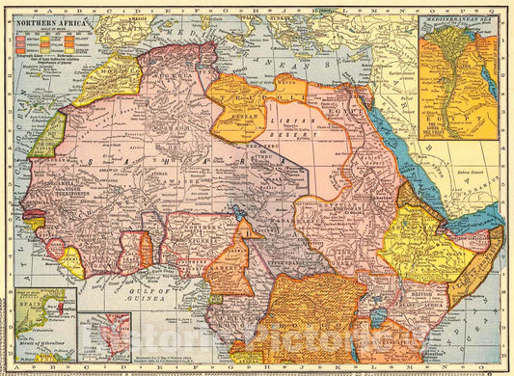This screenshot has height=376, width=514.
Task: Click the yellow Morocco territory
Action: coord(107,79)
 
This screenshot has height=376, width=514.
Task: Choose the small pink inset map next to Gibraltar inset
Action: coord(105,336)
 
